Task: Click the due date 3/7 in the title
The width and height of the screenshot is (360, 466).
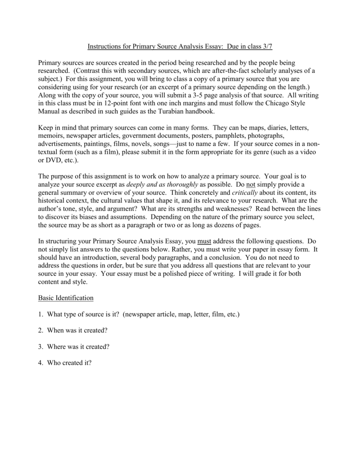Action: [x=267, y=46]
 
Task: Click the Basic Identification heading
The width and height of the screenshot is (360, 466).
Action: [x=66, y=298]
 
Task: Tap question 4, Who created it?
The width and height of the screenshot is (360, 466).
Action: [x=68, y=363]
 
